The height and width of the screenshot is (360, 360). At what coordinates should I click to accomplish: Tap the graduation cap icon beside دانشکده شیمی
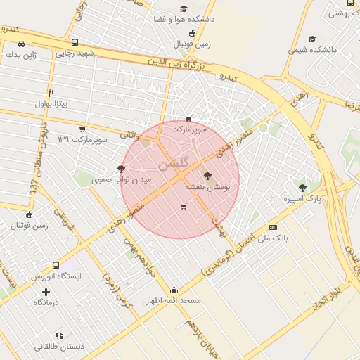pyautogui.click(x=313, y=39)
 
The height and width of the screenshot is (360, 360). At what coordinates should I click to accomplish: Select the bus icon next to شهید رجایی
pyautogui.click(x=75, y=42)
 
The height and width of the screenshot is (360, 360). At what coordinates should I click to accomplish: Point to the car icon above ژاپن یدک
pyautogui.click(x=22, y=42)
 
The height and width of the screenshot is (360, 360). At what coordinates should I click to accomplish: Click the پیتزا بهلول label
pyautogui.click(x=51, y=104)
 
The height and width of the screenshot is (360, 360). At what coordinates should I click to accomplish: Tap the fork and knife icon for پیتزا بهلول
pyautogui.click(x=51, y=93)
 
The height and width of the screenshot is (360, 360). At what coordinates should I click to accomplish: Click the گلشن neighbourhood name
pyautogui.click(x=174, y=164)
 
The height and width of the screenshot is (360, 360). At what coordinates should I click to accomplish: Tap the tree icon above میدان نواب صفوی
pyautogui.click(x=122, y=169)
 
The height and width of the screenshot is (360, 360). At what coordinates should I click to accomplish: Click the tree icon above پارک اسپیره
pyautogui.click(x=303, y=188)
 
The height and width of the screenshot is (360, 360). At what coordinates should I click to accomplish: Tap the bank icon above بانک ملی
pyautogui.click(x=273, y=227)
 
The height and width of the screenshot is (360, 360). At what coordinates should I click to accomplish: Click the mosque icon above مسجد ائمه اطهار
pyautogui.click(x=174, y=289)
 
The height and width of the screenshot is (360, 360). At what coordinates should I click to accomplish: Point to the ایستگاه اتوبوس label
pyautogui.click(x=56, y=277)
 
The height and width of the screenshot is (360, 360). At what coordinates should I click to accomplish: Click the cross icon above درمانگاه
pyautogui.click(x=46, y=291)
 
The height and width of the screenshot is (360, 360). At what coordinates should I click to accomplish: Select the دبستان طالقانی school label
pyautogui.click(x=59, y=347)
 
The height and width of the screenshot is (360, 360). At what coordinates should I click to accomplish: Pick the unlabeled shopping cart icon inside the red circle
pyautogui.click(x=184, y=207)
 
